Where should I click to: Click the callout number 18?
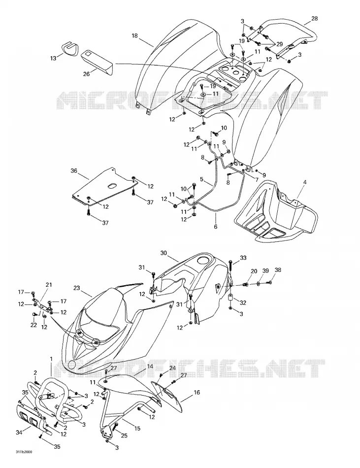[x=134, y=36]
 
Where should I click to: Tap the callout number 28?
[x=314, y=18]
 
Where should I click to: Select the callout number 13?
[x=53, y=58]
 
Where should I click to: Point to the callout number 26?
[x=86, y=74]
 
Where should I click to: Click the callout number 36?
[x=74, y=171]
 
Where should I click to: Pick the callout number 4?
[x=304, y=182]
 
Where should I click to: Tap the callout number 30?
[x=164, y=253]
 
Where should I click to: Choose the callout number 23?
[x=77, y=288]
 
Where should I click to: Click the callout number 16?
[x=197, y=393]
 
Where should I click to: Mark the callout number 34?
[x=19, y=432]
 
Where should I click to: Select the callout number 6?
[x=216, y=227]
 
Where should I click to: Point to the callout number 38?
[x=278, y=270]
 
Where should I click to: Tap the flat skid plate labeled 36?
[x=104, y=187]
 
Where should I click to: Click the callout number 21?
[x=49, y=285]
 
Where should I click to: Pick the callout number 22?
[x=33, y=325]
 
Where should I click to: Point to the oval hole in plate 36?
[x=112, y=186]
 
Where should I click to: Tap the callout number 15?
[x=137, y=429]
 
